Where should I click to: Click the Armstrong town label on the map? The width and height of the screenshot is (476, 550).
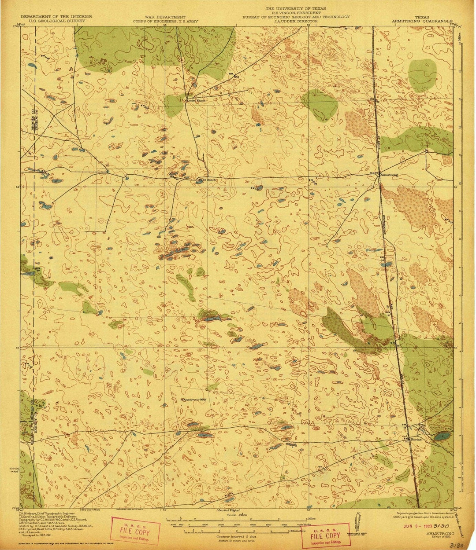click(x=390, y=175)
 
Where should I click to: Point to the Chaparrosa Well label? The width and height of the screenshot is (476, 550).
click(x=194, y=400)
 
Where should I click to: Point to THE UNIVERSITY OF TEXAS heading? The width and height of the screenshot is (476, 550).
click(x=295, y=9)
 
